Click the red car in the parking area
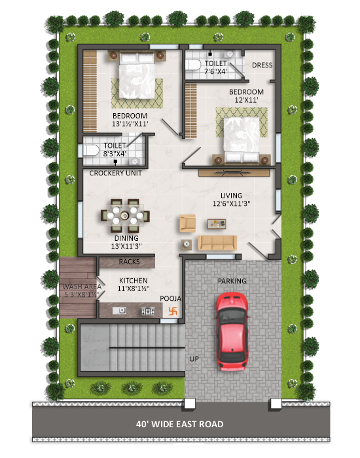tap(232, 332)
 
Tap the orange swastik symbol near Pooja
tap(173, 311)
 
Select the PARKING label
tap(232, 281)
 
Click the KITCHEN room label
tap(134, 281)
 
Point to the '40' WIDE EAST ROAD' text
tap(180, 424)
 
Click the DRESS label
tap(262, 65)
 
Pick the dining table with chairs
tap(125, 216)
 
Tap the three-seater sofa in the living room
tap(217, 243)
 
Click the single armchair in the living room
tap(187, 224)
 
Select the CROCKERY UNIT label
tap(115, 173)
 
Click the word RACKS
tap(129, 262)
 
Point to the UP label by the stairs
tap(194, 359)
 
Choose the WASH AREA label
tap(82, 287)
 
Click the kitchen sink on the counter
tap(119, 311)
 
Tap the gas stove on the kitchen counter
tap(148, 311)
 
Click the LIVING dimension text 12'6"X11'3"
tap(232, 203)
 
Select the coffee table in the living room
tap(217, 224)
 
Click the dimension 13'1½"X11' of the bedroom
tap(130, 124)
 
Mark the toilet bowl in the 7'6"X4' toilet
tap(193, 65)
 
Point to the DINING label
tap(126, 238)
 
